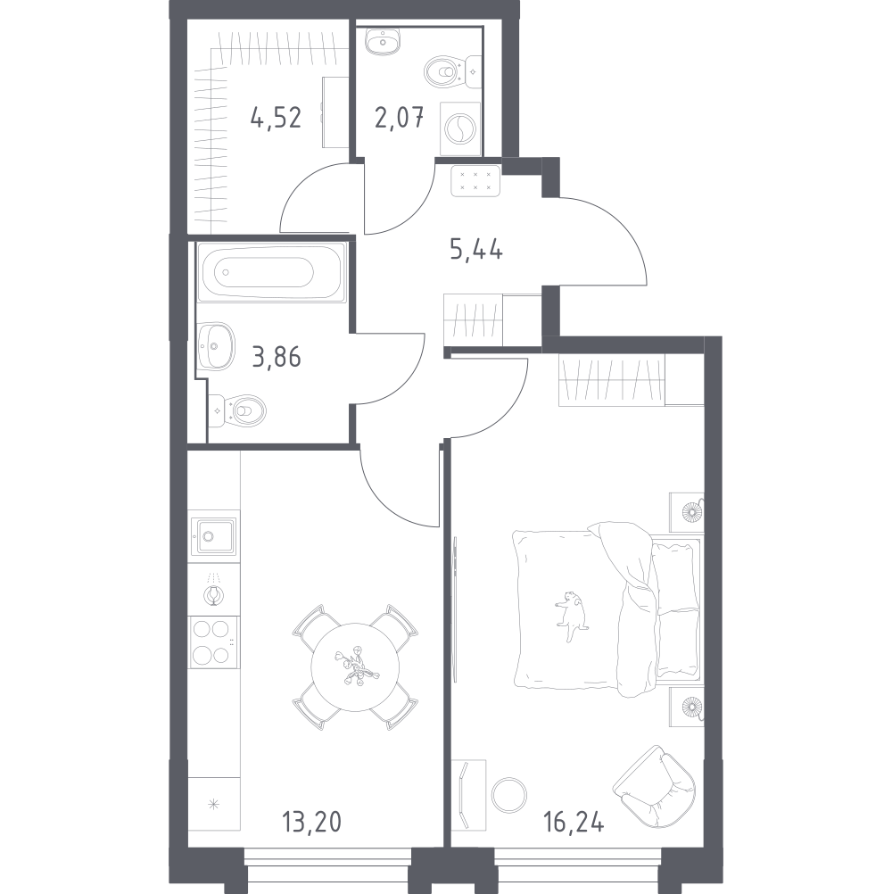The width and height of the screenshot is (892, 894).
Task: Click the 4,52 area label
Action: [276, 118]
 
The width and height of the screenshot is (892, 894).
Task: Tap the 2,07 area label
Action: [399, 118]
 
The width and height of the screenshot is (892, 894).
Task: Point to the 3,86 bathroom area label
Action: [276, 357]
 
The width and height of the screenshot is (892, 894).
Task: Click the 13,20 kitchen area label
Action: [311, 822]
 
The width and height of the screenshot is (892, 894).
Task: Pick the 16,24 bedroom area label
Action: [574, 822]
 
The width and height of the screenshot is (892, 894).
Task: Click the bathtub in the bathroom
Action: [271, 272]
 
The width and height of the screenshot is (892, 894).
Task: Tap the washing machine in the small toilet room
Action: [460, 128]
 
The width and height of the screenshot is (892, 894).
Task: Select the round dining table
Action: [355, 666]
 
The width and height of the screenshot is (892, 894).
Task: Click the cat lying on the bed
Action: [571, 615]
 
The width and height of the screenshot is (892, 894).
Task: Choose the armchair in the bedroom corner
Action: [656, 786]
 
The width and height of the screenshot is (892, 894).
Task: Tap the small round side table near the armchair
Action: [509, 795]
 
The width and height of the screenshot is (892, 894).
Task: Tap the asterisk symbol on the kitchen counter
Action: [214, 805]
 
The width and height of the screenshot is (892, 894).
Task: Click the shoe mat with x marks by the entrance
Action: [475, 180]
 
